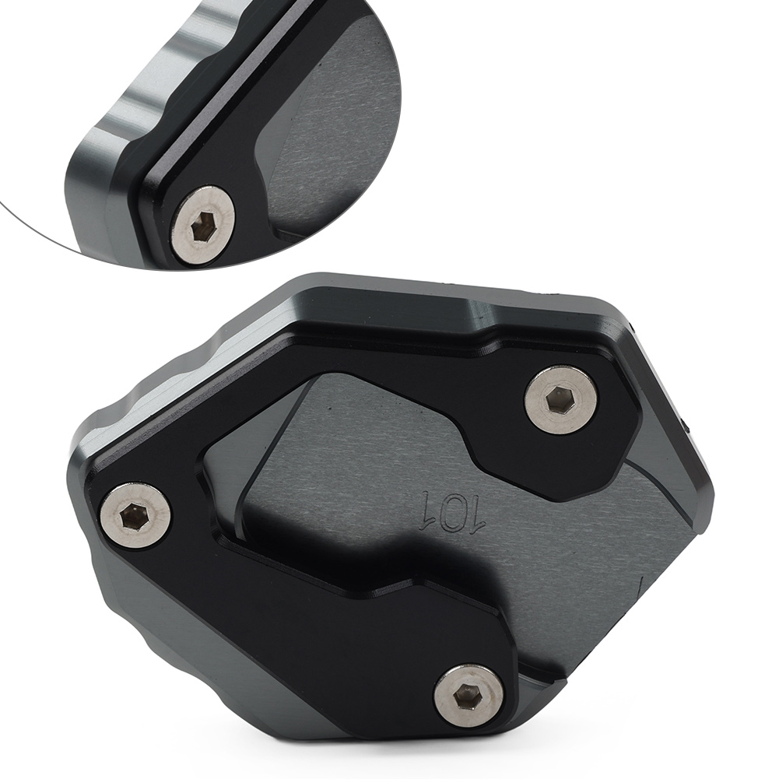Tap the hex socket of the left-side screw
(x=133, y=517)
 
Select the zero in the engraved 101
(x=453, y=511)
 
